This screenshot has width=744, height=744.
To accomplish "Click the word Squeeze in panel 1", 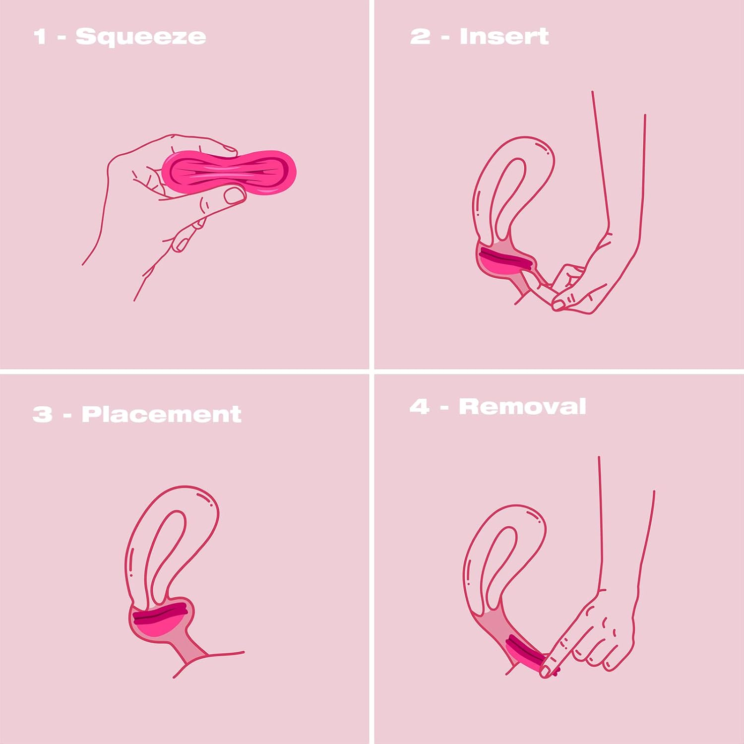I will point(140,37).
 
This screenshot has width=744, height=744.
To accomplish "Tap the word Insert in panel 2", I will point(504,36).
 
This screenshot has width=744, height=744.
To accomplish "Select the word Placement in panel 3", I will point(161,414).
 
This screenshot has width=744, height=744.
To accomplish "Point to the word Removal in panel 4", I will point(522,406).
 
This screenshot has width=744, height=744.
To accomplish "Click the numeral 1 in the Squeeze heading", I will point(40,37).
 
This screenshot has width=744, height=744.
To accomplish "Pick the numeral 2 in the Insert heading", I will point(420,36).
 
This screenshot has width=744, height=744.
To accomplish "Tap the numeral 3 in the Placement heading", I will point(42,414).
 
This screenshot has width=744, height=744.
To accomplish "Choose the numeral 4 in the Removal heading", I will point(419,406).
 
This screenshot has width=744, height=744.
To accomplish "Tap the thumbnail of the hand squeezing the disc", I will point(234,195).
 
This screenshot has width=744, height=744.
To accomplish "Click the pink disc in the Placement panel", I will point(160,620).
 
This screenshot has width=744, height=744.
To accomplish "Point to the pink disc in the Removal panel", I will point(526,652).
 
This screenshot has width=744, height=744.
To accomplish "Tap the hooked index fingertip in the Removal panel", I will point(546,671).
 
